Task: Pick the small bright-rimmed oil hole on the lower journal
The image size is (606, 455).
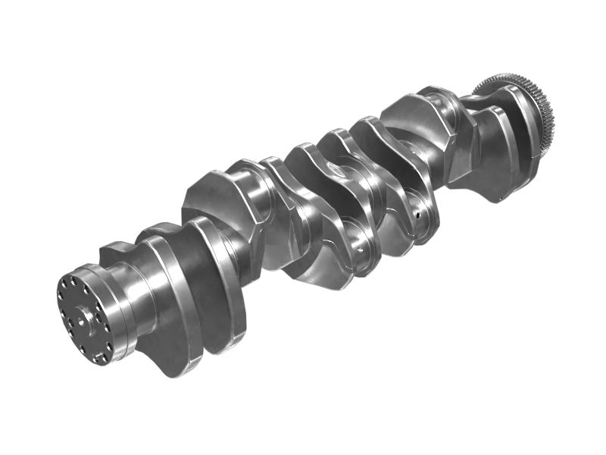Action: click(x=361, y=246)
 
